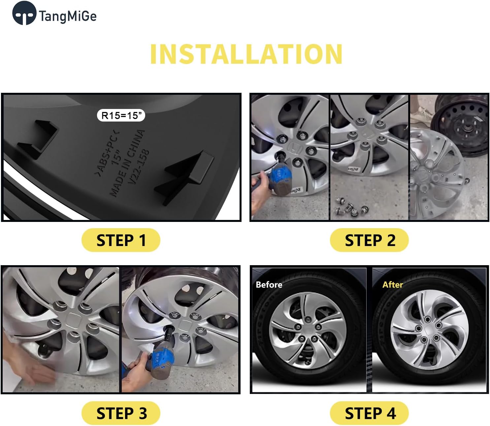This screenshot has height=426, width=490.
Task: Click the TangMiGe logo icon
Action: [24, 14]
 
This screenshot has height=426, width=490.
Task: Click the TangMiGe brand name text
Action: [68, 16]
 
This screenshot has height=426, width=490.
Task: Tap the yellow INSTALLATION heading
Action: [246, 54]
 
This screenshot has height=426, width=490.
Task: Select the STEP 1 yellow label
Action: [121, 240]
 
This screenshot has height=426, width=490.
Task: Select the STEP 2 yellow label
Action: [369, 240]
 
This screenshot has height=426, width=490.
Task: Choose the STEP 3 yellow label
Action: [121, 413]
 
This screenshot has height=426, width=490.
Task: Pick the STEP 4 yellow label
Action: [369, 413]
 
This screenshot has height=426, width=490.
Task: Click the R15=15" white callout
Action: [121, 116]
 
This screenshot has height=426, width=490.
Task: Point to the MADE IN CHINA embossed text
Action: [127, 162]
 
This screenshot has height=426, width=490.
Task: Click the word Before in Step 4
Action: [269, 285]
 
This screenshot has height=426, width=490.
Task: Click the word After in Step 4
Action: [393, 285]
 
